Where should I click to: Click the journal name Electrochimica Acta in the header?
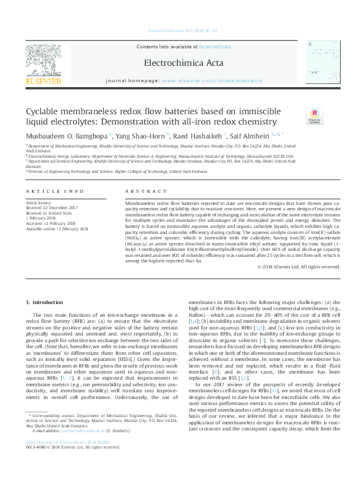coord(180,62)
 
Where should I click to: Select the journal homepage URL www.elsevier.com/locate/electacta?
coord(212,80)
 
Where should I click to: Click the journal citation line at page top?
coord(180,31)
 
